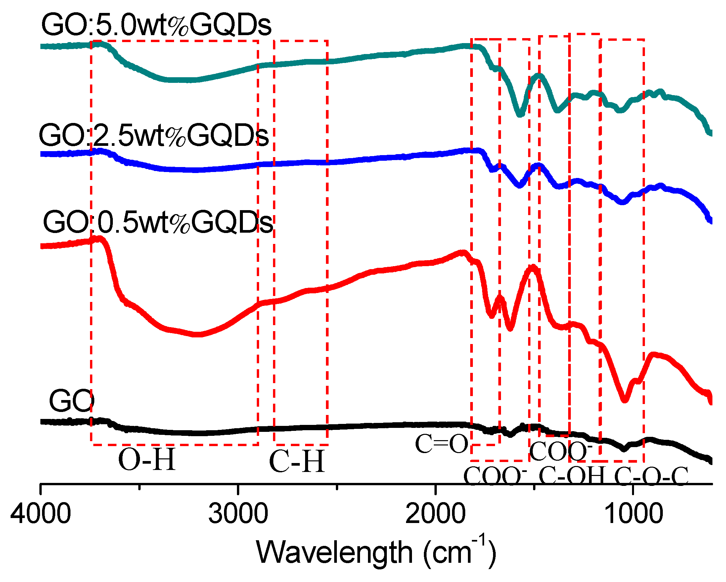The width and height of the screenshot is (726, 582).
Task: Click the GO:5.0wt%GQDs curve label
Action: pos(156,25)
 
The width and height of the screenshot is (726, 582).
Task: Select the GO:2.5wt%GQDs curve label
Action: pos(154,135)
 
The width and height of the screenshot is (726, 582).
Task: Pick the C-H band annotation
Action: pos(297,461)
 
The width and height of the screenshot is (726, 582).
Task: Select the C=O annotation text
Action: pos(441,444)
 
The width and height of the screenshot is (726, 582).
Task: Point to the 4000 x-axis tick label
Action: pos(40,513)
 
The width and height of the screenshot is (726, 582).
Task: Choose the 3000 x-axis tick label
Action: pos(238,513)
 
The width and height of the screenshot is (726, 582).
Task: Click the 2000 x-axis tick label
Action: pos(435,513)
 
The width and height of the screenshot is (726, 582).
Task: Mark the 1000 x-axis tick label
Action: pos(633,513)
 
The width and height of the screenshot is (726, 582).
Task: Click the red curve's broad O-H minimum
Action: pos(199,334)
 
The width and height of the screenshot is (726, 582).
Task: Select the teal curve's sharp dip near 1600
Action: pos(520,115)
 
